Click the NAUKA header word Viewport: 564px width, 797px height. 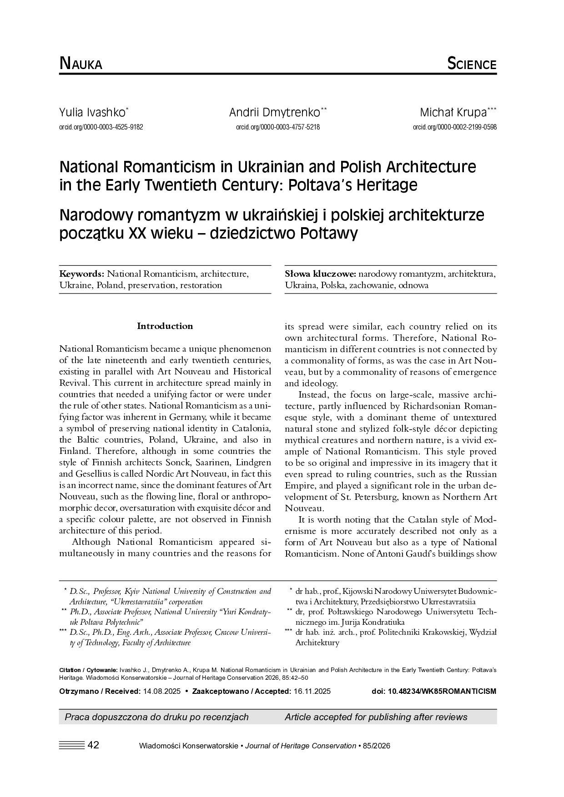point(81,64)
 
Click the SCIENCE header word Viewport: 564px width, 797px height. point(471,64)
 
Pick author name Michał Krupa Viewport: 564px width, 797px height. point(456,112)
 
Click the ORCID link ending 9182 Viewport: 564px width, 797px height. point(101,127)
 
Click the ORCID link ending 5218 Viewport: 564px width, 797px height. point(278,127)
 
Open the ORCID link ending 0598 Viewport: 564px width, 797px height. point(454,127)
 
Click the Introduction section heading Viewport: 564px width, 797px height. point(165,326)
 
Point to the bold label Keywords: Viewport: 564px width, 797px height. point(82,274)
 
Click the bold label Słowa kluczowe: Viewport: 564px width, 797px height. point(320,274)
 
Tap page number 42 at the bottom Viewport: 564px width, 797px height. point(93,745)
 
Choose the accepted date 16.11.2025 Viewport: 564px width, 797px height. point(312,692)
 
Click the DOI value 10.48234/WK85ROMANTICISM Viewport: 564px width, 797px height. point(441,692)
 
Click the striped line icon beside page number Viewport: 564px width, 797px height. point(72,745)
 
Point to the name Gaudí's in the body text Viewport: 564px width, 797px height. point(437,553)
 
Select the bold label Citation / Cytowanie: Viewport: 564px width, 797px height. point(88,670)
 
